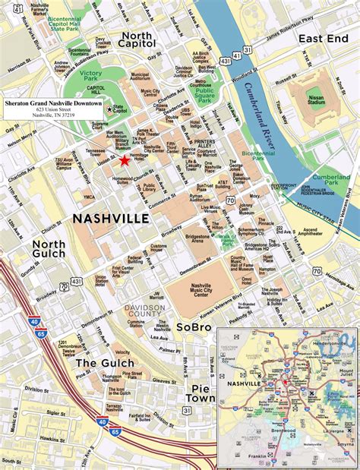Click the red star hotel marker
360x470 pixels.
tap(125, 160)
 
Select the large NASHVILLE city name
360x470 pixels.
tap(110, 219)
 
